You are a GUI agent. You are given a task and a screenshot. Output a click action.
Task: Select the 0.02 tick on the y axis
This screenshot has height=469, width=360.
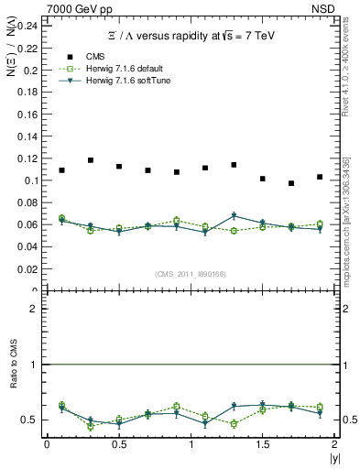(x=30, y=269)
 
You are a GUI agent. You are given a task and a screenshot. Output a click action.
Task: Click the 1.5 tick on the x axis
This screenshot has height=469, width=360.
(x=262, y=444)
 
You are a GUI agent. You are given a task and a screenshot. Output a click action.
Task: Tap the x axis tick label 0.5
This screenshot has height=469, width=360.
(x=118, y=444)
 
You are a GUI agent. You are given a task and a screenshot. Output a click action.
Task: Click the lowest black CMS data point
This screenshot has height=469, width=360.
(x=291, y=183)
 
